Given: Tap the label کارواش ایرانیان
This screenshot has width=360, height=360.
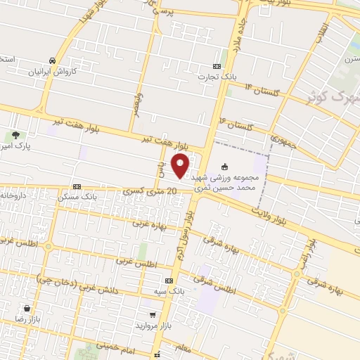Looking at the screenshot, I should click(x=56, y=72).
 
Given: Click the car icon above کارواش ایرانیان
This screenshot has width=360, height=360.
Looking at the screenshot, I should click(x=53, y=60).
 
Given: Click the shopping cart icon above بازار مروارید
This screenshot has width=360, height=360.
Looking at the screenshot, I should click(x=153, y=316).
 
